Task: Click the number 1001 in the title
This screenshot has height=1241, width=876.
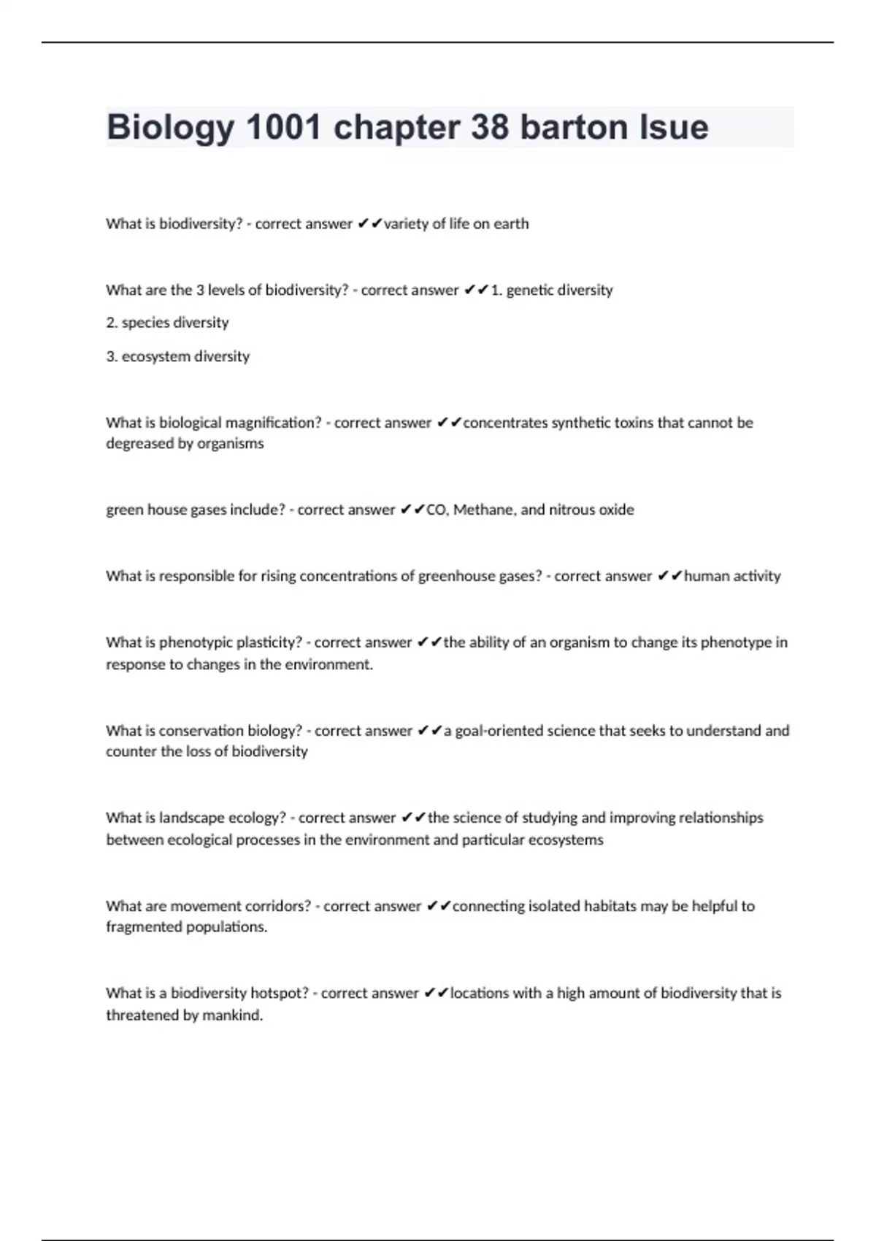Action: pos(283,128)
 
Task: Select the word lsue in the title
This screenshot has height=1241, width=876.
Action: pos(674,128)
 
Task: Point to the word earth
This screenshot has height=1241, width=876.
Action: pos(510,224)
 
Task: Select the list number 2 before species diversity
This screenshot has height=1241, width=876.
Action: pos(111,323)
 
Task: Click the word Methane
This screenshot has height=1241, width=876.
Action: pos(483,510)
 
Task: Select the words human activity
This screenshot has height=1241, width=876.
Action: pos(731,576)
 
